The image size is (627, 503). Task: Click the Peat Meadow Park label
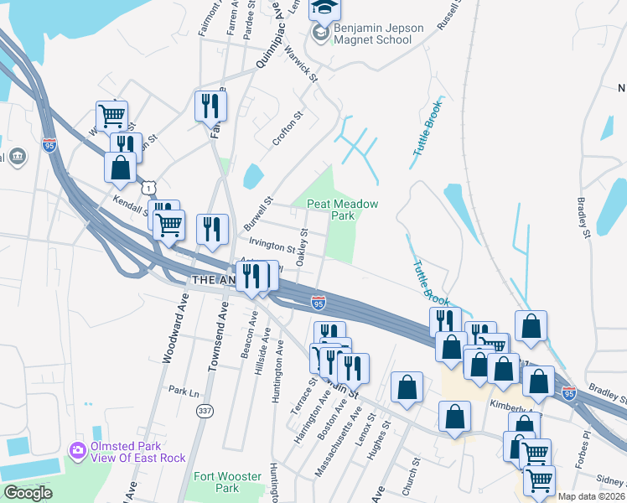coord(342,210)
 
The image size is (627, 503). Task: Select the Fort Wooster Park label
coord(216,482)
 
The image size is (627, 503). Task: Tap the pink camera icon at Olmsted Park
coord(78,451)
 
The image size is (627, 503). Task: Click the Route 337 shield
coord(205,411)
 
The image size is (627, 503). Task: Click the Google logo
coord(28,493)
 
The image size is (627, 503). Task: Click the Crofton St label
coord(287,130)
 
